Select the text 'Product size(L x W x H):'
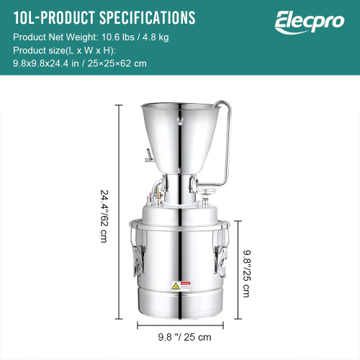63,50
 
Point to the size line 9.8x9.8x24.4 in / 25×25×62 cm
80,63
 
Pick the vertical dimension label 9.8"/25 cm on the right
246,267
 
